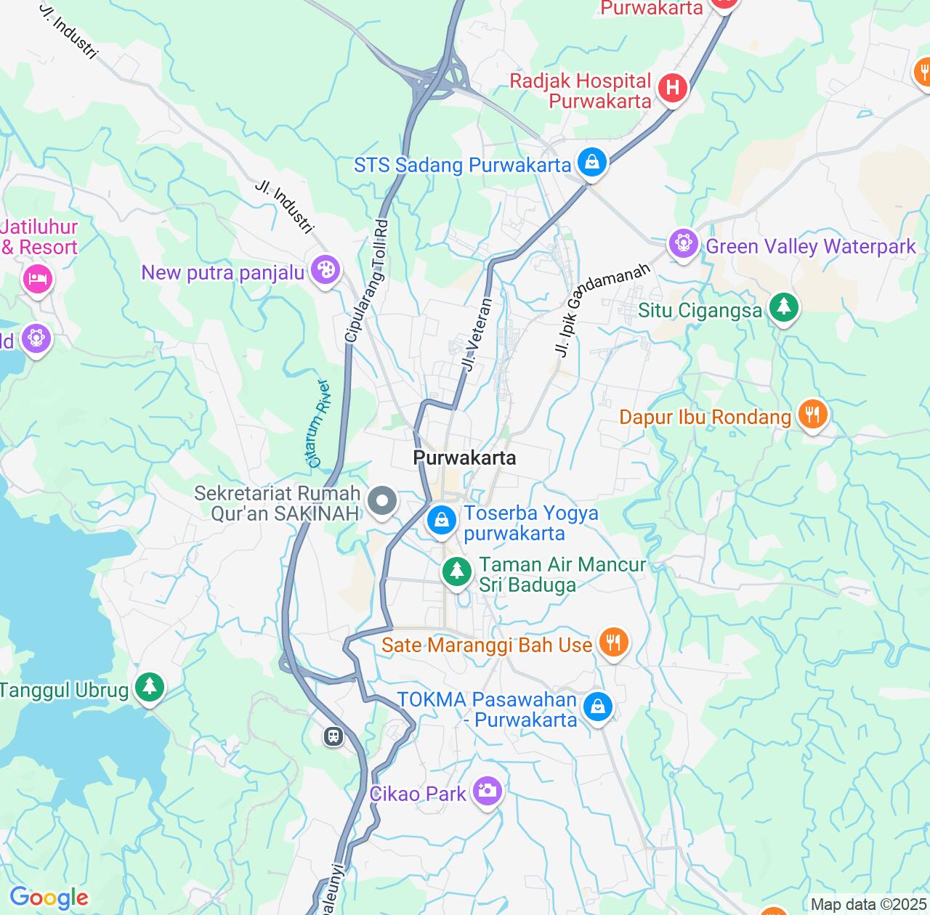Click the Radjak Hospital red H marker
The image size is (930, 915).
pyautogui.click(x=673, y=89)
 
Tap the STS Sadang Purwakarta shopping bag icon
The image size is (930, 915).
pyautogui.click(x=593, y=163)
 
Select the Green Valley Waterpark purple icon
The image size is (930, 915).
pyautogui.click(x=683, y=244)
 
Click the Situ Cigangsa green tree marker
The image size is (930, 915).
pyautogui.click(x=783, y=308)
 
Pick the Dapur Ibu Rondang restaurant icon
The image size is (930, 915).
pyautogui.click(x=812, y=415)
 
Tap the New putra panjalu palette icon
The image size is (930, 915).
pyautogui.click(x=325, y=270)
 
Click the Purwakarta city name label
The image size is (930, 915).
pyautogui.click(x=464, y=457)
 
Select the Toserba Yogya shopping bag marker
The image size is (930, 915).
pyautogui.click(x=441, y=520)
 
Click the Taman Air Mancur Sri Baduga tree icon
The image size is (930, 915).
pyautogui.click(x=456, y=571)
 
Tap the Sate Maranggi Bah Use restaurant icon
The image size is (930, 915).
pyautogui.click(x=614, y=643)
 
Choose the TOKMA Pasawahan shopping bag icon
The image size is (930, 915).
pyautogui.click(x=598, y=706)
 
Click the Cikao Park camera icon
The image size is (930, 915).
pyautogui.click(x=486, y=791)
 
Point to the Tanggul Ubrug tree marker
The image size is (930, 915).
pyautogui.click(x=150, y=686)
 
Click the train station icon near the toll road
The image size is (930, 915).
pyautogui.click(x=333, y=736)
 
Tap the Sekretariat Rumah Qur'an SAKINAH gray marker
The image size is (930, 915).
pyautogui.click(x=381, y=501)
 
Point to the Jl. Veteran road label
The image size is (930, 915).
pyautogui.click(x=477, y=334)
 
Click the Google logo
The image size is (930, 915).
pyautogui.click(x=49, y=898)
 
